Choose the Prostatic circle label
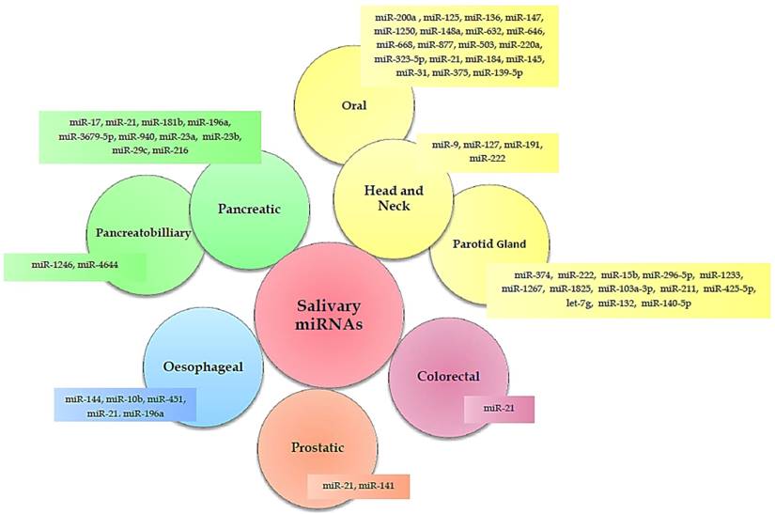(x=317, y=448)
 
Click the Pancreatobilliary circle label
(x=150, y=231)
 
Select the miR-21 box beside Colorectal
(x=498, y=410)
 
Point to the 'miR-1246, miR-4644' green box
(x=75, y=267)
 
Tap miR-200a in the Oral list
(x=395, y=17)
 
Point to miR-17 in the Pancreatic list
(x=85, y=122)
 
